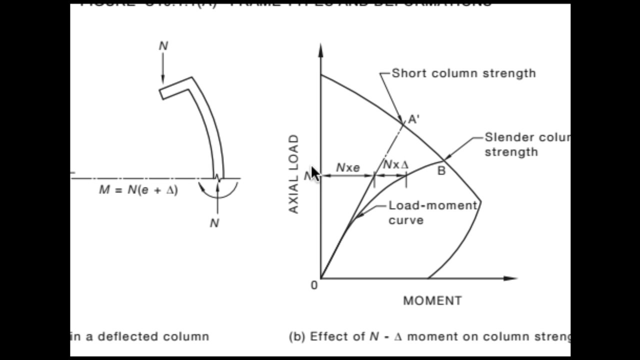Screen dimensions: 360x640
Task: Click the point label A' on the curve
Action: (x=414, y=119)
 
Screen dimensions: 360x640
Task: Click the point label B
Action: (x=441, y=171)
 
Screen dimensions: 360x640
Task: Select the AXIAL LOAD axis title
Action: (x=294, y=174)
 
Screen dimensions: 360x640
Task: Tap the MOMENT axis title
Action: (x=432, y=300)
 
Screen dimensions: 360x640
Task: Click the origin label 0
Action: (x=314, y=285)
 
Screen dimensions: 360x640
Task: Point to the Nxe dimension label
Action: (x=348, y=168)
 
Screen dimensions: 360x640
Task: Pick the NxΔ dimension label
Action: (x=395, y=164)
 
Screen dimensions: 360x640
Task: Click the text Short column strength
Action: (x=463, y=73)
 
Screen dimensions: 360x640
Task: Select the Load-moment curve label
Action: (x=432, y=212)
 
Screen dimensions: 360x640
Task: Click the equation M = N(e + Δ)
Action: (x=138, y=190)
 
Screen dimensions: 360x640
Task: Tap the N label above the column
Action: (x=163, y=46)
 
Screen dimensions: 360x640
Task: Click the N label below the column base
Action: (x=214, y=223)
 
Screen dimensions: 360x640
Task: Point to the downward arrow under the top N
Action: (x=163, y=70)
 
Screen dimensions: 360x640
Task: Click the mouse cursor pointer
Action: (x=315, y=173)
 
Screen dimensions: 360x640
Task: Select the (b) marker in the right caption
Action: (x=297, y=336)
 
